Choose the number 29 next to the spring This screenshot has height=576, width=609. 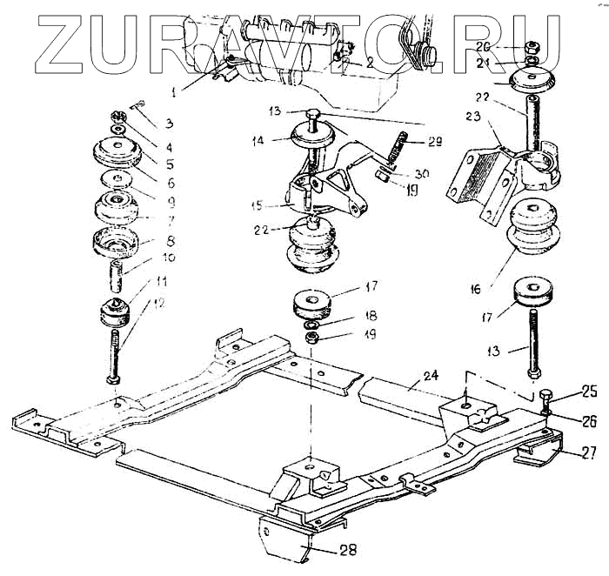[435, 141]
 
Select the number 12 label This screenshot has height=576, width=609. [158, 302]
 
